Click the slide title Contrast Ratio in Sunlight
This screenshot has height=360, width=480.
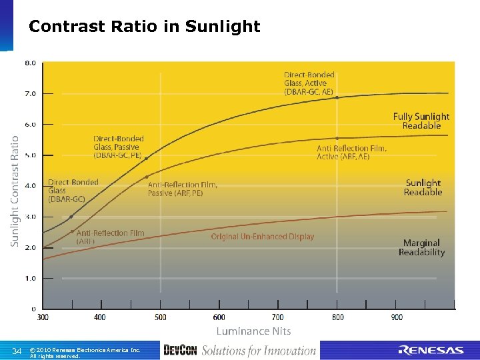pyautogui.click(x=145, y=27)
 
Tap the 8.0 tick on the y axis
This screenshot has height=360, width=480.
pyautogui.click(x=31, y=63)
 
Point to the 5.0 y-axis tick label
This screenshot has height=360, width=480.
pyautogui.click(x=31, y=155)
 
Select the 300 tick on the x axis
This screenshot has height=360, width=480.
pyautogui.click(x=43, y=317)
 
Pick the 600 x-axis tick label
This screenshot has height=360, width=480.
pyautogui.click(x=219, y=317)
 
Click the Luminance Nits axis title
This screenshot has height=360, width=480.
pyautogui.click(x=253, y=331)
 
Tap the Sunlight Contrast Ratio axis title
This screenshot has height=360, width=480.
pyautogui.click(x=15, y=191)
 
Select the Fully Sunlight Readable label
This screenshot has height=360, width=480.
pyautogui.click(x=421, y=121)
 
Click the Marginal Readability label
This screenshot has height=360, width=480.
pyautogui.click(x=421, y=247)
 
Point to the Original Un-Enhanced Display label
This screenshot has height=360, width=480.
pyautogui.click(x=262, y=237)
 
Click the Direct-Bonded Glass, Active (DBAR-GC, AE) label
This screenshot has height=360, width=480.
pyautogui.click(x=309, y=83)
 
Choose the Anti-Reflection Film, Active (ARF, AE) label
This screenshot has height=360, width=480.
pyautogui.click(x=351, y=153)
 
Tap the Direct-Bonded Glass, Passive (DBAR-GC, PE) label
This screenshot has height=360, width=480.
pyautogui.click(x=118, y=147)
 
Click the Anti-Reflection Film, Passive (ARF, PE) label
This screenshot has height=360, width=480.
pyautogui.click(x=183, y=189)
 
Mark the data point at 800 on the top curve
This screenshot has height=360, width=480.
pyautogui.click(x=337, y=97)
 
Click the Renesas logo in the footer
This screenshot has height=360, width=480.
pyautogui.click(x=431, y=351)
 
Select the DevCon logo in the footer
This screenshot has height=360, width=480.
pyautogui.click(x=180, y=351)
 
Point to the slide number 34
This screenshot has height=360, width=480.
pyautogui.click(x=17, y=351)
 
